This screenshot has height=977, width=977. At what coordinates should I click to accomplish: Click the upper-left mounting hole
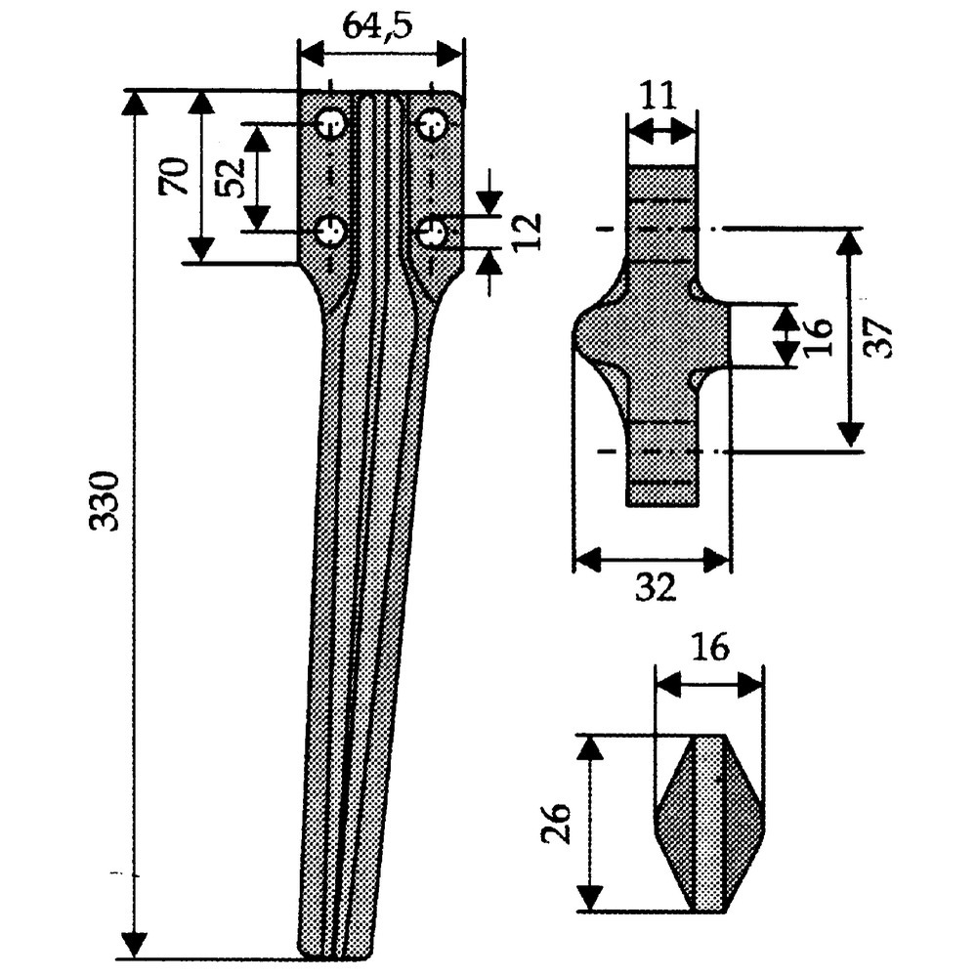coord(332,125)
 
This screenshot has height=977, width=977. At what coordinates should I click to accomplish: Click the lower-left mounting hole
coord(332,233)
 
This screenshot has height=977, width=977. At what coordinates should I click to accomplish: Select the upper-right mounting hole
coord(432,125)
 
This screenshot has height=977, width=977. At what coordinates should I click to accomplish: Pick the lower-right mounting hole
coord(432,233)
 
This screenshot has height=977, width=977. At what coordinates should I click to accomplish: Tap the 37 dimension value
coord(881,338)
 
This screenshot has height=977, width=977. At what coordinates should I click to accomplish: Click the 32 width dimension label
coord(656,587)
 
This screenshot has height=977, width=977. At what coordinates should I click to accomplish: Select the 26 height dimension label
coord(555,824)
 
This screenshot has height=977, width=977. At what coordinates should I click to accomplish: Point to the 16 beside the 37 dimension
coord(819,335)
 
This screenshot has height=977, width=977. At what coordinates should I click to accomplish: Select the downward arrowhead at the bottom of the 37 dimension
coord(851,436)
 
